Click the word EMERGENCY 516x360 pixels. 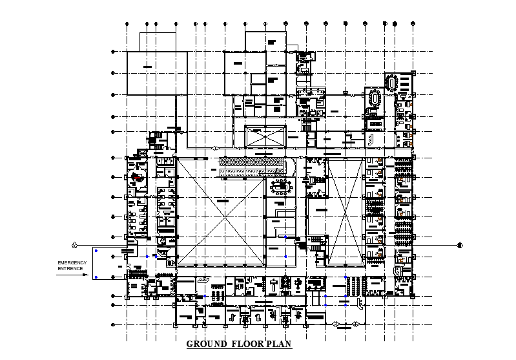tap(72, 262)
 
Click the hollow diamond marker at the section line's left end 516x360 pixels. tap(74, 245)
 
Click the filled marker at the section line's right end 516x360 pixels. tap(460, 245)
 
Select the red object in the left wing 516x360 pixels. tap(136, 176)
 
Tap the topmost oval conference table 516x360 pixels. tap(391, 82)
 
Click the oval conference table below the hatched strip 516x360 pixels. tap(281, 187)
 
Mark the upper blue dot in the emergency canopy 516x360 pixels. tap(96, 250)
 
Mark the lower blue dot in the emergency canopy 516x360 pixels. tap(96, 277)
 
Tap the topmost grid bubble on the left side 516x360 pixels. tap(113, 51)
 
